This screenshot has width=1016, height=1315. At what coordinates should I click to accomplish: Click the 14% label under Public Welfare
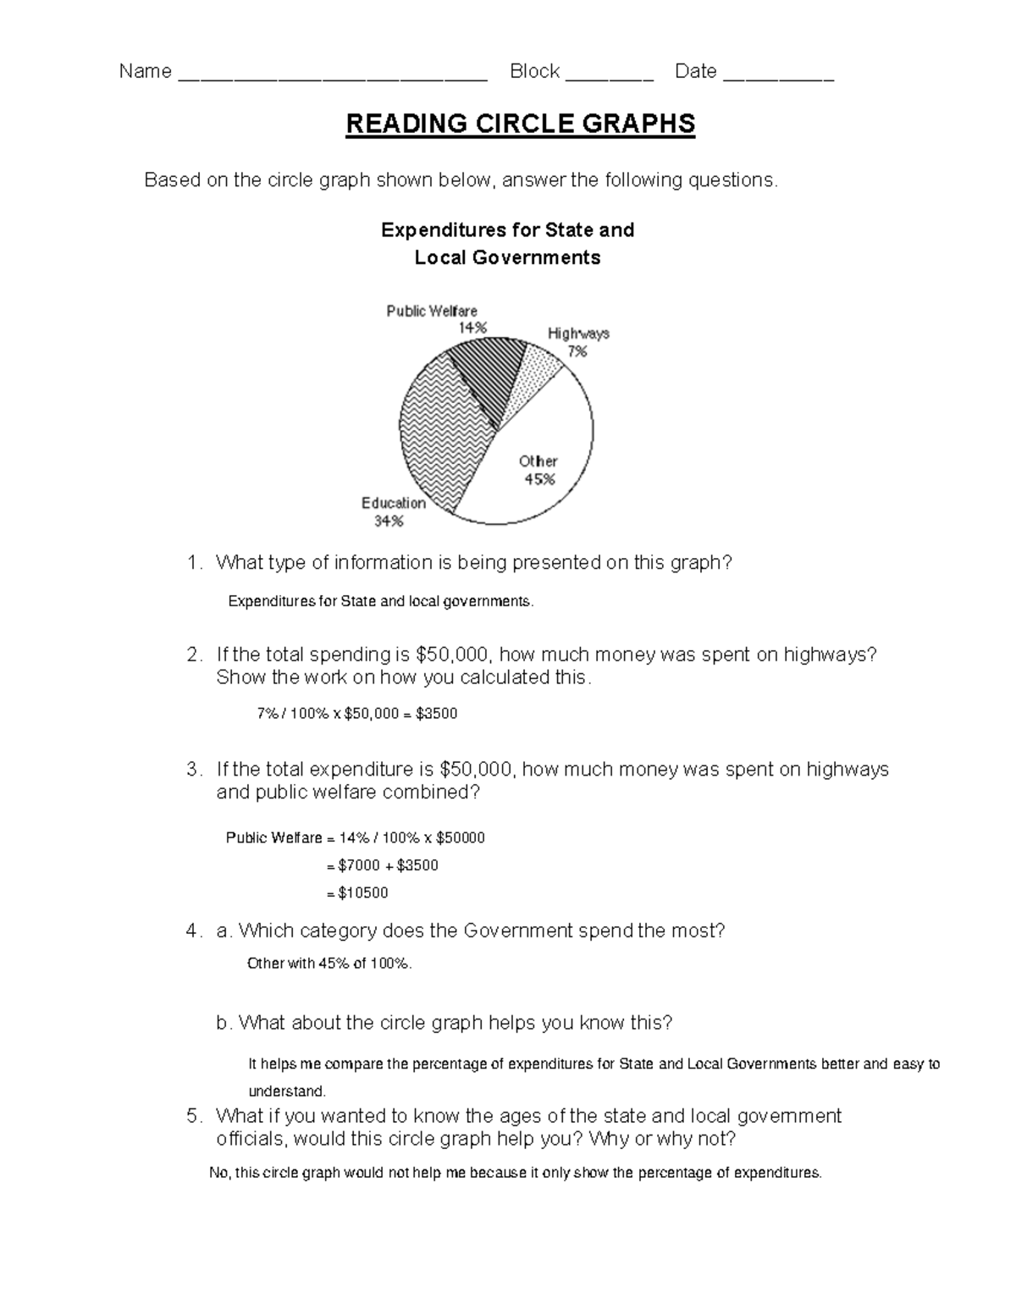(x=472, y=328)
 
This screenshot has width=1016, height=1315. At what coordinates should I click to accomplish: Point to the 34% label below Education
(x=389, y=522)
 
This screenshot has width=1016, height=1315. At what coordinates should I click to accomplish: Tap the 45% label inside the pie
(x=539, y=479)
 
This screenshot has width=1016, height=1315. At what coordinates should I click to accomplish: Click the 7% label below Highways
(x=577, y=351)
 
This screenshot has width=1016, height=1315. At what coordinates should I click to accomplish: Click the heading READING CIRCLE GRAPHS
(x=520, y=124)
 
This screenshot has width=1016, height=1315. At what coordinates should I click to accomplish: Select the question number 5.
(x=192, y=1116)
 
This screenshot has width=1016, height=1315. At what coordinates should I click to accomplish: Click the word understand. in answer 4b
(x=286, y=1091)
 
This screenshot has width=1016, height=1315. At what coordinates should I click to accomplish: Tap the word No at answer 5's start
(x=218, y=1174)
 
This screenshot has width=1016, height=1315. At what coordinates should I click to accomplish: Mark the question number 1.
(x=192, y=563)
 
